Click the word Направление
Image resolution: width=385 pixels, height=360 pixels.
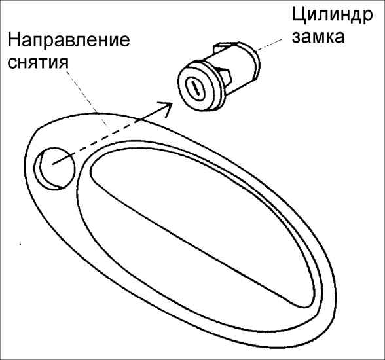pos(69,40)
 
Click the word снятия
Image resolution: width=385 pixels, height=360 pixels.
pos(38,62)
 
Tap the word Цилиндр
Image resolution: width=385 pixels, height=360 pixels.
pos(332,16)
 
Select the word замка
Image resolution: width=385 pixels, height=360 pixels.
pos(318,37)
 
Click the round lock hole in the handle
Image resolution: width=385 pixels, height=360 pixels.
pos(54,169)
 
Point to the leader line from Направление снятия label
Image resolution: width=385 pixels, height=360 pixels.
pos(86,98)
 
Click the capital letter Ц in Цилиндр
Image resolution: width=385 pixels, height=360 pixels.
pos(299,16)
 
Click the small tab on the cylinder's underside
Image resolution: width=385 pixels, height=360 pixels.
pos(227,75)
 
